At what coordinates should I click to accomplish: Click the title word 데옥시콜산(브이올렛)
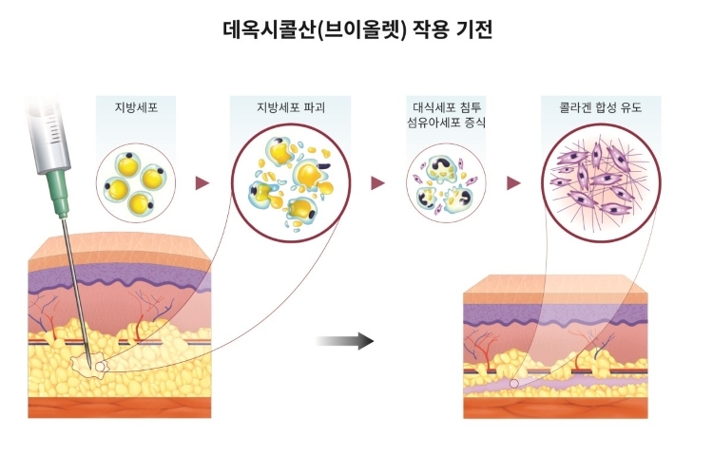coord(315,30)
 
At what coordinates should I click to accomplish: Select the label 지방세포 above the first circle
coord(136,107)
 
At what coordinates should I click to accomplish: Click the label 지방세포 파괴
coord(291,107)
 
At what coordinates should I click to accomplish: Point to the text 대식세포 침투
coord(447,107)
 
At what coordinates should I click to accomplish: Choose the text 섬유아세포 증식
coord(447,123)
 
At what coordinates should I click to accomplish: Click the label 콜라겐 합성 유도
coord(600,107)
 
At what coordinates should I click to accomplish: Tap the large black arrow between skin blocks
coord(345,341)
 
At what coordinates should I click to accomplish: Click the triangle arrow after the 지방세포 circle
coord(202,183)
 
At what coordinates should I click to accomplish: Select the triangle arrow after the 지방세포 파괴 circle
coord(377,183)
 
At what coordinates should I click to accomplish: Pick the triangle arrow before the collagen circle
coord(513,183)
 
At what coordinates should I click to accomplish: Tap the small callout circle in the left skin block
coord(100,366)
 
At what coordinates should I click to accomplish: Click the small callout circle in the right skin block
coord(513,384)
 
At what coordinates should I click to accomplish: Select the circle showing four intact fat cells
coord(136,182)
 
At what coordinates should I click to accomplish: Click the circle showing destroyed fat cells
coord(291,182)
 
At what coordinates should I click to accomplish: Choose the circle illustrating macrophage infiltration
coord(446,182)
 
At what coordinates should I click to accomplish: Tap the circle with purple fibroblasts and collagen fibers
coord(601,182)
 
